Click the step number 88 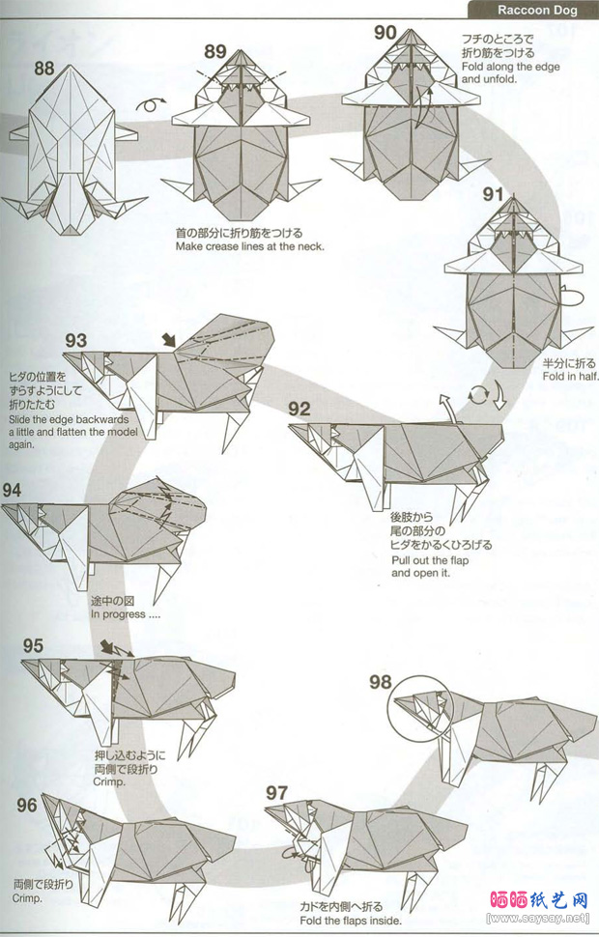coord(44,69)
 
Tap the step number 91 coord(493,194)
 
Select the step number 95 coord(34,646)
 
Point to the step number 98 coord(381,682)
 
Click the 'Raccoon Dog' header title coord(537,10)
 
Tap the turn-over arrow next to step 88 coord(151,104)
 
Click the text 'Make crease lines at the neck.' coord(250,246)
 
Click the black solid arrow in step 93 coord(168,339)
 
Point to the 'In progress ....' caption coord(126,614)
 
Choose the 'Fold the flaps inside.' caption coord(351,921)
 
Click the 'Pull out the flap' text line coord(430,560)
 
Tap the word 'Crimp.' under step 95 coord(109,781)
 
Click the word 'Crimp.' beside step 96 coord(27,898)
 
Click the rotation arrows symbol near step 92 coord(476,394)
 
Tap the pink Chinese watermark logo coord(539,900)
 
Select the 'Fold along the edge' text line coord(510,67)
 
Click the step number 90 coord(385,33)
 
